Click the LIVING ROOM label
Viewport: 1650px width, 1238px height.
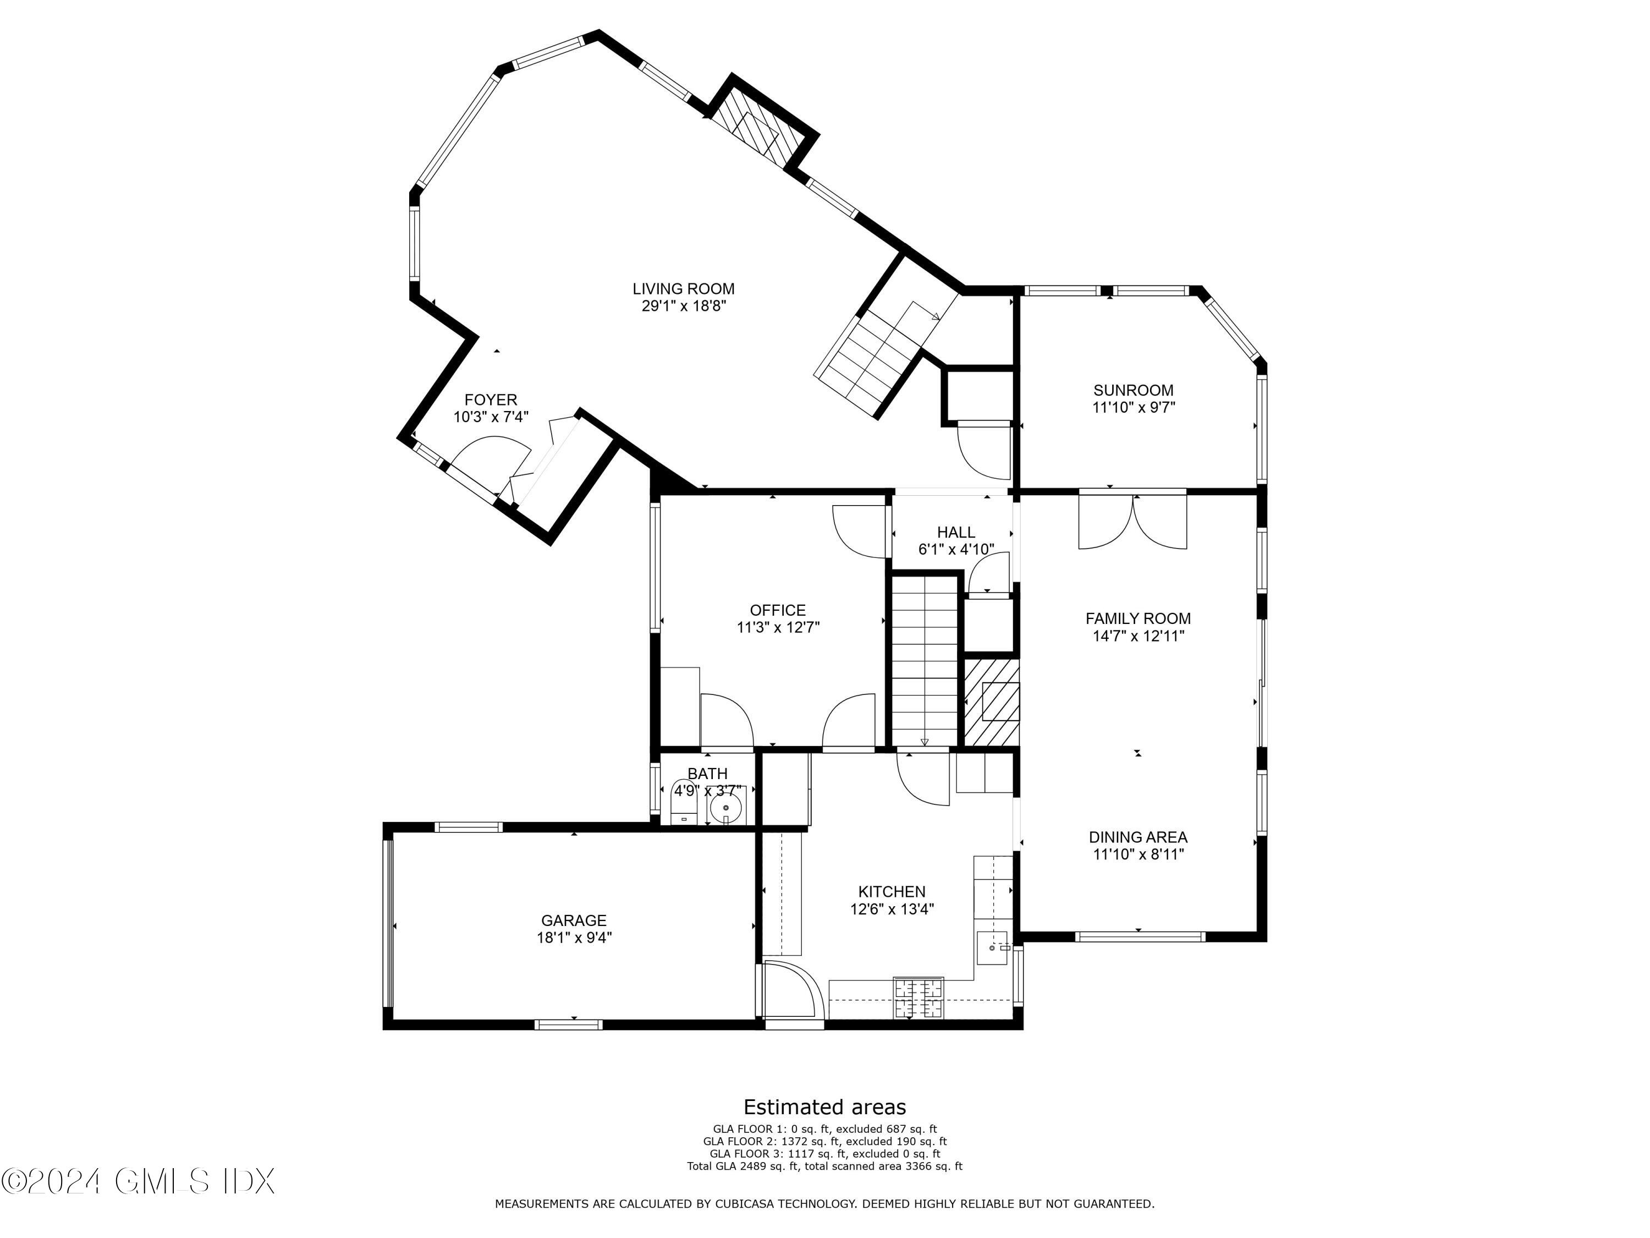click(683, 289)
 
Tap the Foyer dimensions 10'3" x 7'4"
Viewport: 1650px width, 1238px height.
click(490, 417)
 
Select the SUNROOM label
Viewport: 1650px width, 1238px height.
click(1133, 390)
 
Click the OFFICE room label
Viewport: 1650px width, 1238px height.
click(777, 610)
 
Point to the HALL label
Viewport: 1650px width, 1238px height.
click(955, 532)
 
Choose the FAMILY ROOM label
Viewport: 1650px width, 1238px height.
click(1137, 618)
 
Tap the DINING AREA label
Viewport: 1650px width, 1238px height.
click(1137, 837)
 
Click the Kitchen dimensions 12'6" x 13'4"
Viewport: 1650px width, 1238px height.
click(892, 909)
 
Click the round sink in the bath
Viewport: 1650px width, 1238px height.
click(725, 808)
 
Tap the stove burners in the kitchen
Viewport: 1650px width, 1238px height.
click(919, 998)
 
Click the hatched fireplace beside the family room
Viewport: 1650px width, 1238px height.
click(992, 702)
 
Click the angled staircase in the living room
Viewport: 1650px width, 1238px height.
click(873, 358)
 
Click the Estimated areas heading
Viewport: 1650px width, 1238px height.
click(824, 1106)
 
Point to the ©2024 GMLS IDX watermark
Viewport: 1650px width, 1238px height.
click(139, 1181)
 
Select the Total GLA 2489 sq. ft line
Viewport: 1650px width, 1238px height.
click(824, 1165)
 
